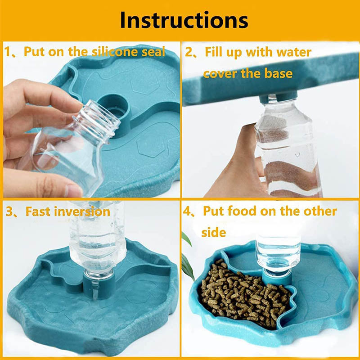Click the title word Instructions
tap(184, 20)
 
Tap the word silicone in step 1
tap(116, 51)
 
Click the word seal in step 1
tap(153, 51)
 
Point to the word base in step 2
tap(278, 73)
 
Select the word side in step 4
tap(213, 232)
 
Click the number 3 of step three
tap(9, 211)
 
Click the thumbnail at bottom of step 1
tap(73, 190)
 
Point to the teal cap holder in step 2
tap(278, 96)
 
